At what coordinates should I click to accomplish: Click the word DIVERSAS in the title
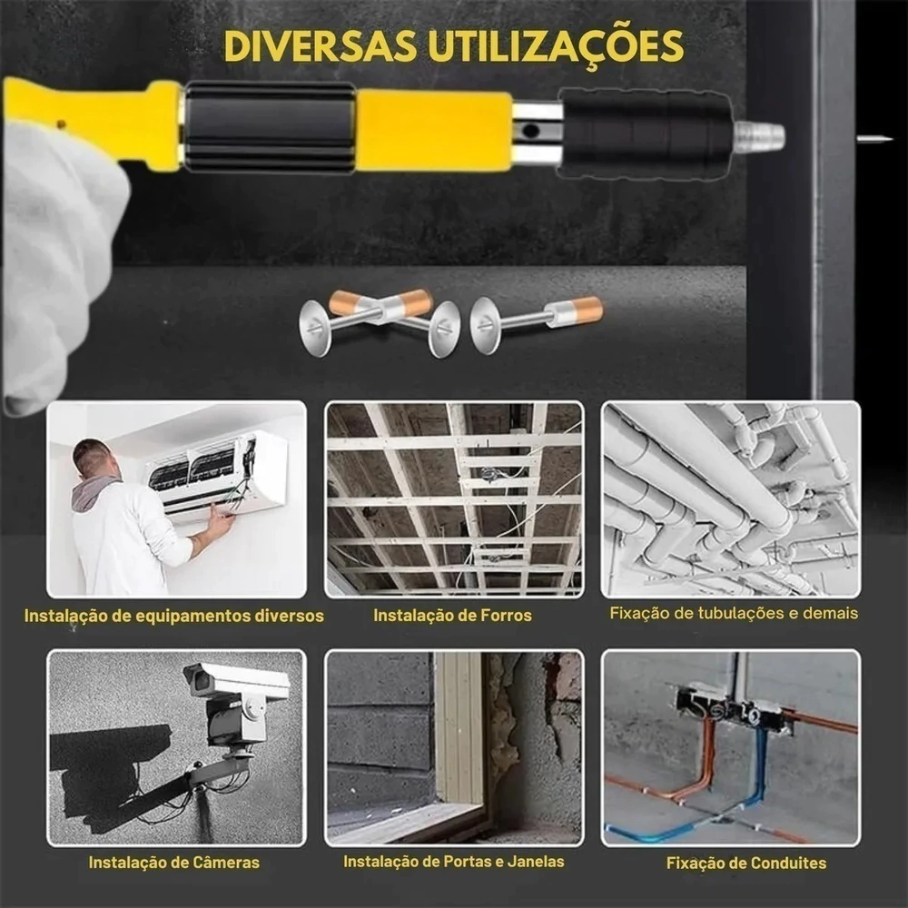point(321,46)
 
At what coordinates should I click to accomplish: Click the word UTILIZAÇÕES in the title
point(556,45)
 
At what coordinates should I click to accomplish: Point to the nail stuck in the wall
point(873,138)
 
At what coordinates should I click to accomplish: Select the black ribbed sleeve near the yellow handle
point(270,127)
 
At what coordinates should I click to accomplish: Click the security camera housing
point(236,681)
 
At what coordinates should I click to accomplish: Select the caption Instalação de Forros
point(452,615)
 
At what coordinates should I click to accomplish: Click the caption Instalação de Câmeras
point(174,863)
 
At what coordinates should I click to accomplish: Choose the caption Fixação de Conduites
point(745,863)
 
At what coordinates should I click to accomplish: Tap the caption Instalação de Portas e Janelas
point(453,862)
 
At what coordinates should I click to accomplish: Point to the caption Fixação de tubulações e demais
point(734,613)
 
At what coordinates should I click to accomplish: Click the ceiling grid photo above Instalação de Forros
point(454,499)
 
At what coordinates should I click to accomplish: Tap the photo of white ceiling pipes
point(731,499)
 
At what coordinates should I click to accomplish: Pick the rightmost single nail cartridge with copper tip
point(537,324)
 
